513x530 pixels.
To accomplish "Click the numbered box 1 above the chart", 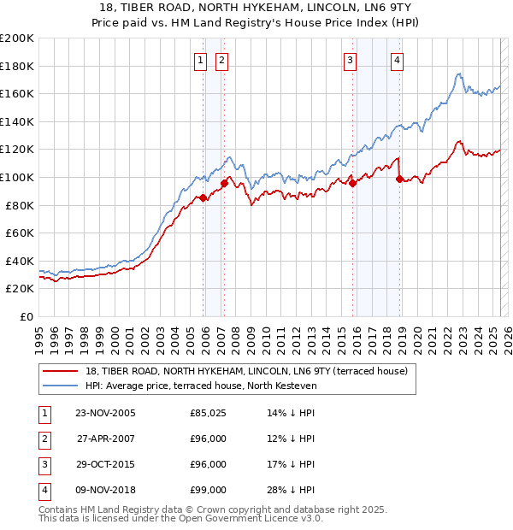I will coord(200,60).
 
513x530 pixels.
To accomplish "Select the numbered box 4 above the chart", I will coord(398,60).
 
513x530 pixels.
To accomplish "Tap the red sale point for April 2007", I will coord(224,182).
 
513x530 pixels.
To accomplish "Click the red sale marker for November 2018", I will coord(399,179).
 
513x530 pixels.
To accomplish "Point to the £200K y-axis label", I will coord(17,38).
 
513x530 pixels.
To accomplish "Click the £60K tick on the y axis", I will coord(20,233).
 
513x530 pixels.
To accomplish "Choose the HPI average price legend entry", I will coord(201,386).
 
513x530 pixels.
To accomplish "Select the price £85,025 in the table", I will coord(208,413).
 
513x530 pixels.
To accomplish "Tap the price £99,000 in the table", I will coord(208,490).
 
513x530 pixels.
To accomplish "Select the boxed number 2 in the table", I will coord(42,439).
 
